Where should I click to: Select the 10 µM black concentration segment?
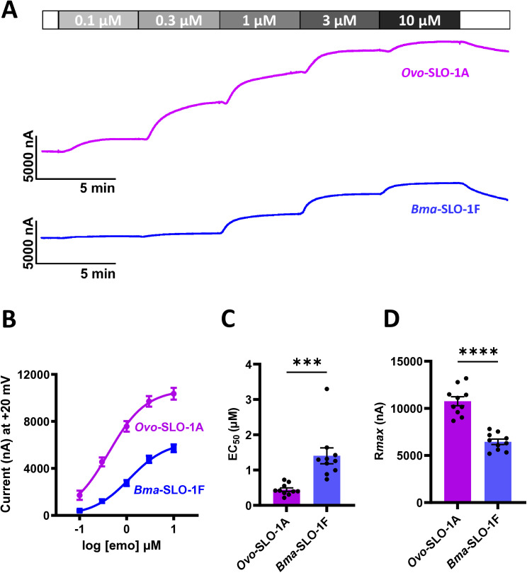[x=419, y=20]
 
